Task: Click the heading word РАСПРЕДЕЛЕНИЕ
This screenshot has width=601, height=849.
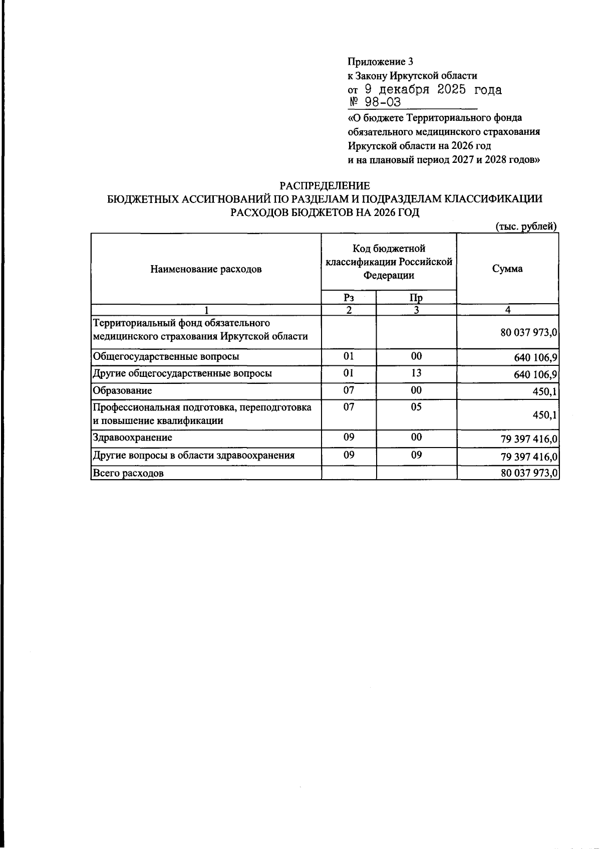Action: [325, 186]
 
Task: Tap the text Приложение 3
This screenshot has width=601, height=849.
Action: [381, 62]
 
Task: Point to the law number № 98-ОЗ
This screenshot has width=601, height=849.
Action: [375, 103]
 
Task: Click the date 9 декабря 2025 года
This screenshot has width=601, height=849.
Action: [432, 90]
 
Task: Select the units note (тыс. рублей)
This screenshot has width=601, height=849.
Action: [526, 227]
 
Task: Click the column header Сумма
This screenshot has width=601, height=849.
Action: [507, 269]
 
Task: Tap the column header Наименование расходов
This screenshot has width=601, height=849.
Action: [206, 269]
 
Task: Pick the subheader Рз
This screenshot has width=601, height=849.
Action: [349, 297]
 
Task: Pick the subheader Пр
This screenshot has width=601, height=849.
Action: [416, 298]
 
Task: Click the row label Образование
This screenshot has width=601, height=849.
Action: [122, 390]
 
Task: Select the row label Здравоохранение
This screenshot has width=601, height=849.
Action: [133, 438]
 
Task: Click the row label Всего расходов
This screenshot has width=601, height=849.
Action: [128, 473]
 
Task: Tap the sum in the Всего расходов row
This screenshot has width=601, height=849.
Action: [529, 473]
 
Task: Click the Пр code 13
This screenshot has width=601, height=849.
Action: [416, 373]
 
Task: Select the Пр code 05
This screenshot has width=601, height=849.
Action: [416, 407]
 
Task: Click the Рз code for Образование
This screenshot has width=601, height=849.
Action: [349, 390]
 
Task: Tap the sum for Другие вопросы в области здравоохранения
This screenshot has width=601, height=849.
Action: [529, 457]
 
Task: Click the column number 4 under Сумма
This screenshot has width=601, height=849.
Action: [507, 310]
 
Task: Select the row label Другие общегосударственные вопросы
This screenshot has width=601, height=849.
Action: [182, 373]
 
